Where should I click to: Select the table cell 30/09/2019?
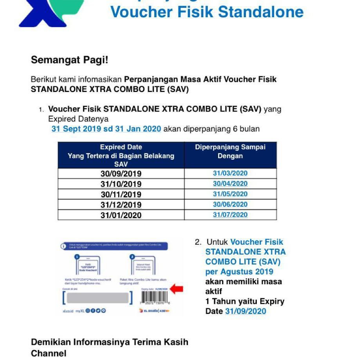[x=121, y=174]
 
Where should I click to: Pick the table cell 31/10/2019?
[x=121, y=184]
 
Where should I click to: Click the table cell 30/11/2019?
[x=121, y=194]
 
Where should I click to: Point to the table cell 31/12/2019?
[x=121, y=205]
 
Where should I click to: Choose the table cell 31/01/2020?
[x=121, y=215]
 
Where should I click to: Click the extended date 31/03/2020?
[x=230, y=173]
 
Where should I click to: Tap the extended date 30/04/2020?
[x=230, y=184]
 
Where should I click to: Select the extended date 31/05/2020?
[x=230, y=194]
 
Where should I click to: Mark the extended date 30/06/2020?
[x=230, y=204]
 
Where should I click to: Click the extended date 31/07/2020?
[x=230, y=215]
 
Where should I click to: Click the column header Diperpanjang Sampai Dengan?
[x=230, y=152]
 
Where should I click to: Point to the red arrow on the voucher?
[x=177, y=289]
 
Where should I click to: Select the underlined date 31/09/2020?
[x=245, y=311]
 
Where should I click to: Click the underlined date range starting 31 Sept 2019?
[x=106, y=129]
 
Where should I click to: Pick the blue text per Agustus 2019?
[x=239, y=272]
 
